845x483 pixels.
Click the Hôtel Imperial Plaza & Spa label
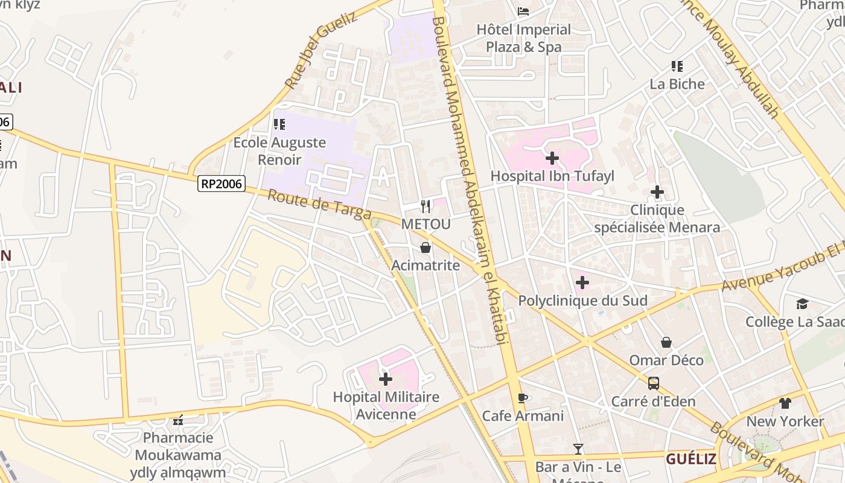pyautogui.click(x=523, y=38)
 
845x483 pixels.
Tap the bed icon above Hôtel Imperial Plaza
pyautogui.click(x=523, y=11)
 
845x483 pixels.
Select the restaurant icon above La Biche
pyautogui.click(x=677, y=66)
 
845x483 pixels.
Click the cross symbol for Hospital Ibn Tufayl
pyautogui.click(x=552, y=159)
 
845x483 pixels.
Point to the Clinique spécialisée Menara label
pyautogui.click(x=657, y=219)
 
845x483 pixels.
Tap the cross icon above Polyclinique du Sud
pyautogui.click(x=582, y=283)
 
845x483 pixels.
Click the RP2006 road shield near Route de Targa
pyautogui.click(x=222, y=184)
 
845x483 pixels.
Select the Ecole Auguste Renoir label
pyautogui.click(x=279, y=151)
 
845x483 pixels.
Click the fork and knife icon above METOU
pyautogui.click(x=426, y=206)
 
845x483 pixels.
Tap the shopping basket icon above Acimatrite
pyautogui.click(x=426, y=248)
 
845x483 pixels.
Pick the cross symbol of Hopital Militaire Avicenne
pyautogui.click(x=386, y=379)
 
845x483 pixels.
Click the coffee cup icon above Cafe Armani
pyautogui.click(x=523, y=398)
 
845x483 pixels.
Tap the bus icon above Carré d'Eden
pyautogui.click(x=653, y=383)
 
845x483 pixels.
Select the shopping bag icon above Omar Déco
pyautogui.click(x=666, y=342)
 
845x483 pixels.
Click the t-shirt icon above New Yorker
pyautogui.click(x=785, y=403)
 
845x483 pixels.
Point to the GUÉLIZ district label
pyautogui.click(x=691, y=459)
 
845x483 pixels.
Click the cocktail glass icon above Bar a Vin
pyautogui.click(x=578, y=449)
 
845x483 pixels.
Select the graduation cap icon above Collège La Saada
pyautogui.click(x=802, y=304)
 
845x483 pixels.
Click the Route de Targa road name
pyautogui.click(x=319, y=205)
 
